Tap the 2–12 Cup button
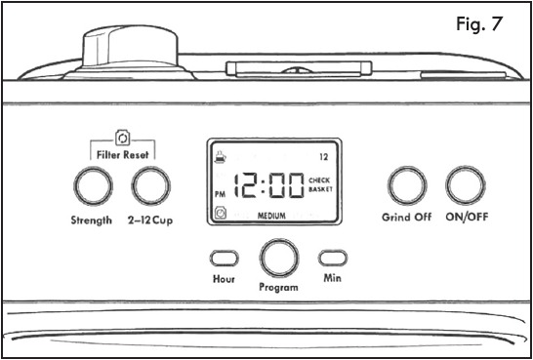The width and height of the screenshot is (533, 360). tap(151, 185)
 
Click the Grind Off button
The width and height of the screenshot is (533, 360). tap(407, 185)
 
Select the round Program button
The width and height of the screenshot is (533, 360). tap(279, 259)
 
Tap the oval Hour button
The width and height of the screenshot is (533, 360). tap(224, 259)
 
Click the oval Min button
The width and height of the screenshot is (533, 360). tap(333, 258)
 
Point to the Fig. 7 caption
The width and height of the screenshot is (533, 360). tap(479, 24)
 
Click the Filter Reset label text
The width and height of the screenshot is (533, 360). tap(123, 155)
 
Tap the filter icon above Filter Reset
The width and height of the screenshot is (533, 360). tap(122, 139)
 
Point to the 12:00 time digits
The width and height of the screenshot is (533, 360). tap(268, 185)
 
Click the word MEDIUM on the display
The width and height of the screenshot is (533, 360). tap(271, 216)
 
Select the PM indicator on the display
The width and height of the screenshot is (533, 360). tap(221, 195)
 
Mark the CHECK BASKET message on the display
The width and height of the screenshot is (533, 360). tap(320, 184)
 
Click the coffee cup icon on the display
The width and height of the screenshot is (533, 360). tap(221, 157)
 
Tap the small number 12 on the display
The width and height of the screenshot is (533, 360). tap(323, 157)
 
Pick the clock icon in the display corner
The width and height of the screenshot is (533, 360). tap(221, 214)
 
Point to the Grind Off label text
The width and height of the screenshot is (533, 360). tap(406, 217)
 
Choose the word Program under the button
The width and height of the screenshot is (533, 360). tap(278, 288)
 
